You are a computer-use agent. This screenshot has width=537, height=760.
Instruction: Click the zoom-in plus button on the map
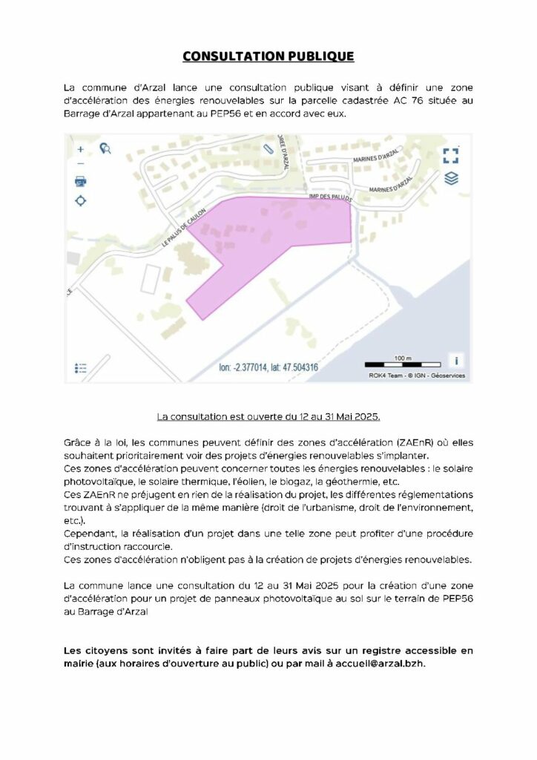81,149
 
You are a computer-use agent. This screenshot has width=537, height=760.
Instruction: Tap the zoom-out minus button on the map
81,164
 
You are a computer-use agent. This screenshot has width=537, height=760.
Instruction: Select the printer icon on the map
81,181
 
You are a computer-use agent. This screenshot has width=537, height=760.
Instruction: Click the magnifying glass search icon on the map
105,148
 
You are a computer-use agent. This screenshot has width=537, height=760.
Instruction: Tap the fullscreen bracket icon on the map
450,155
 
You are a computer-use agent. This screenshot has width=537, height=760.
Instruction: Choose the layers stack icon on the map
451,178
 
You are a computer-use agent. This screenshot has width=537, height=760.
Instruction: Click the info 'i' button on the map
456,360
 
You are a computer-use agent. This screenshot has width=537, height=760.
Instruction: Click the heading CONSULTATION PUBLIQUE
268,56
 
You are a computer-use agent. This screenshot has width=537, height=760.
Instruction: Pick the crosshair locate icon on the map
81,200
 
